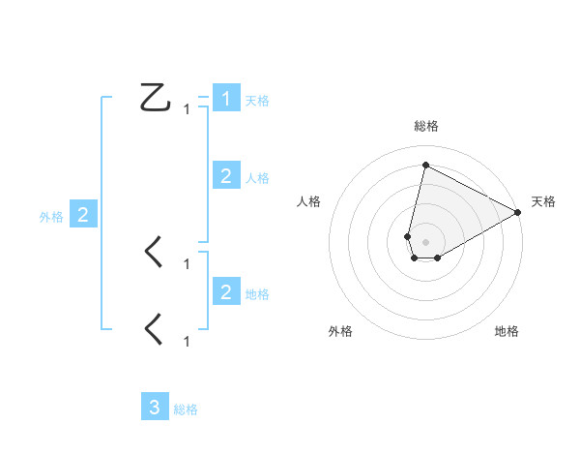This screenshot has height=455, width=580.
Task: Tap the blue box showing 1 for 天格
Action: point(226,99)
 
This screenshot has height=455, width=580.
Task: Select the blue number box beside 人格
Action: point(226,176)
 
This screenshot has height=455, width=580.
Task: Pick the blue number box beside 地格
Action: point(226,291)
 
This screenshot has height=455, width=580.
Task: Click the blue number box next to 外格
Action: point(82,216)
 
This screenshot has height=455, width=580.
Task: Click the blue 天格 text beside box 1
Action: point(257,100)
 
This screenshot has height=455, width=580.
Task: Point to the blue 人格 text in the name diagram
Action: point(257,178)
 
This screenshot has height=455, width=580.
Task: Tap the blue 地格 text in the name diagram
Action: point(257,293)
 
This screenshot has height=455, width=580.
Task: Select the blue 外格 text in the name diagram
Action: point(51,218)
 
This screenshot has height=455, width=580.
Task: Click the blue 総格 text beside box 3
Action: point(186,409)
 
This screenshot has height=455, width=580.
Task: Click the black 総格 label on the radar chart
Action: point(425,126)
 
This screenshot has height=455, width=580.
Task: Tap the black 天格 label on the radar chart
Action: point(544,201)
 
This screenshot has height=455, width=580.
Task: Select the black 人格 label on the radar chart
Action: point(309,201)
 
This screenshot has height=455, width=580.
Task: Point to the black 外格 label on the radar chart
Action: point(340,331)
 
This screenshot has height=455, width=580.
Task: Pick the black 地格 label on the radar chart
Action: point(507,331)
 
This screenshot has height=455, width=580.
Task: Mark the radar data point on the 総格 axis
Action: point(425,165)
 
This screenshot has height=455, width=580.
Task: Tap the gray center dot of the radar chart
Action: point(425,241)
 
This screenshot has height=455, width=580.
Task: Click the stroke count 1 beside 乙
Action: point(187,109)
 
